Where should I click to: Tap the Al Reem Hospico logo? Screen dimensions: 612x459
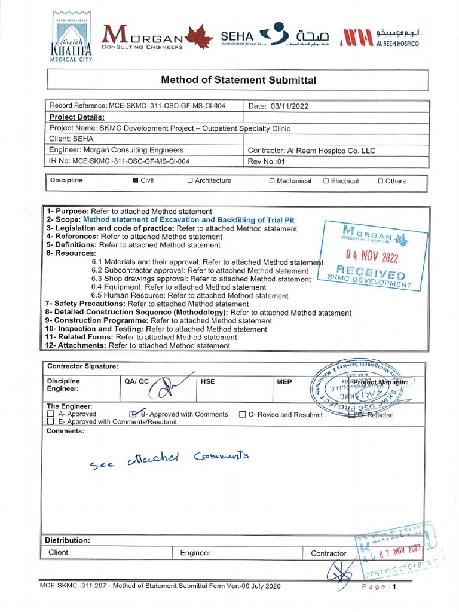(379, 38)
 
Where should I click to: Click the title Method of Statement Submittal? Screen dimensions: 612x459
(238, 80)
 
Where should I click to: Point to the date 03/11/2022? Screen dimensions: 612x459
(290, 106)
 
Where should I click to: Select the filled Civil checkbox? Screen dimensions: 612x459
(135, 180)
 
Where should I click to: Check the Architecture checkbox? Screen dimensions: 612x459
(190, 180)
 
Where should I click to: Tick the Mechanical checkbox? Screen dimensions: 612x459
(272, 181)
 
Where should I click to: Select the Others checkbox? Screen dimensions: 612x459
(381, 181)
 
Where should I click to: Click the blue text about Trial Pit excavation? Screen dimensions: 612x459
(188, 220)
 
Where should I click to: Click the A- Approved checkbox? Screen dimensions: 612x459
(51, 414)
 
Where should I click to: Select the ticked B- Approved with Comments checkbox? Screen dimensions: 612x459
(133, 414)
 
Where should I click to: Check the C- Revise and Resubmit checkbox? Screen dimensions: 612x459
(243, 414)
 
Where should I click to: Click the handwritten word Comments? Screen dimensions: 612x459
(221, 457)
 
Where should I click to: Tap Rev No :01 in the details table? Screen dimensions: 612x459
(268, 161)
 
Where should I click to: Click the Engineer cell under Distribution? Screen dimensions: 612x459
(195, 553)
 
